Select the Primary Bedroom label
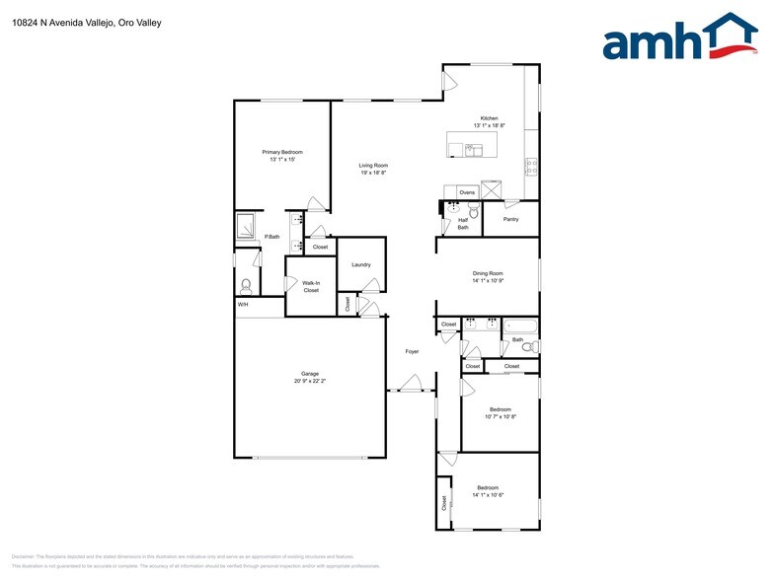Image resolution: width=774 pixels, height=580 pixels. tap(282, 152)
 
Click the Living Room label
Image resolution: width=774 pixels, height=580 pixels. tap(373, 166)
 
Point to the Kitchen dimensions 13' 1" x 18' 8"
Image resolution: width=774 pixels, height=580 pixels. tap(490, 125)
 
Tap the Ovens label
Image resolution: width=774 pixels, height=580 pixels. tap(467, 191)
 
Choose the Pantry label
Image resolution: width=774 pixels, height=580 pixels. tap(510, 219)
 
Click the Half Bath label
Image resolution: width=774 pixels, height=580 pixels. tap(463, 224)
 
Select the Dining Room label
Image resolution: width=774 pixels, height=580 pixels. tap(488, 273)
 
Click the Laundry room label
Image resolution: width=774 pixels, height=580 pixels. tap(360, 264)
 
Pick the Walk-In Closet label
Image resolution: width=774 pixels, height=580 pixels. tap(311, 287)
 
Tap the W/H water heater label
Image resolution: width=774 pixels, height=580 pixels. tap(242, 304)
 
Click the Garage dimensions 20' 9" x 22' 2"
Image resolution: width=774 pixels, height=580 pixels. tap(310, 380)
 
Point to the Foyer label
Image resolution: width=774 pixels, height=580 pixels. tap(412, 351)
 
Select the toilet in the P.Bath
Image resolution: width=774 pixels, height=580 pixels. tap(246, 286)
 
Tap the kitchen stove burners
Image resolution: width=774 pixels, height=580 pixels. tap(531, 166)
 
